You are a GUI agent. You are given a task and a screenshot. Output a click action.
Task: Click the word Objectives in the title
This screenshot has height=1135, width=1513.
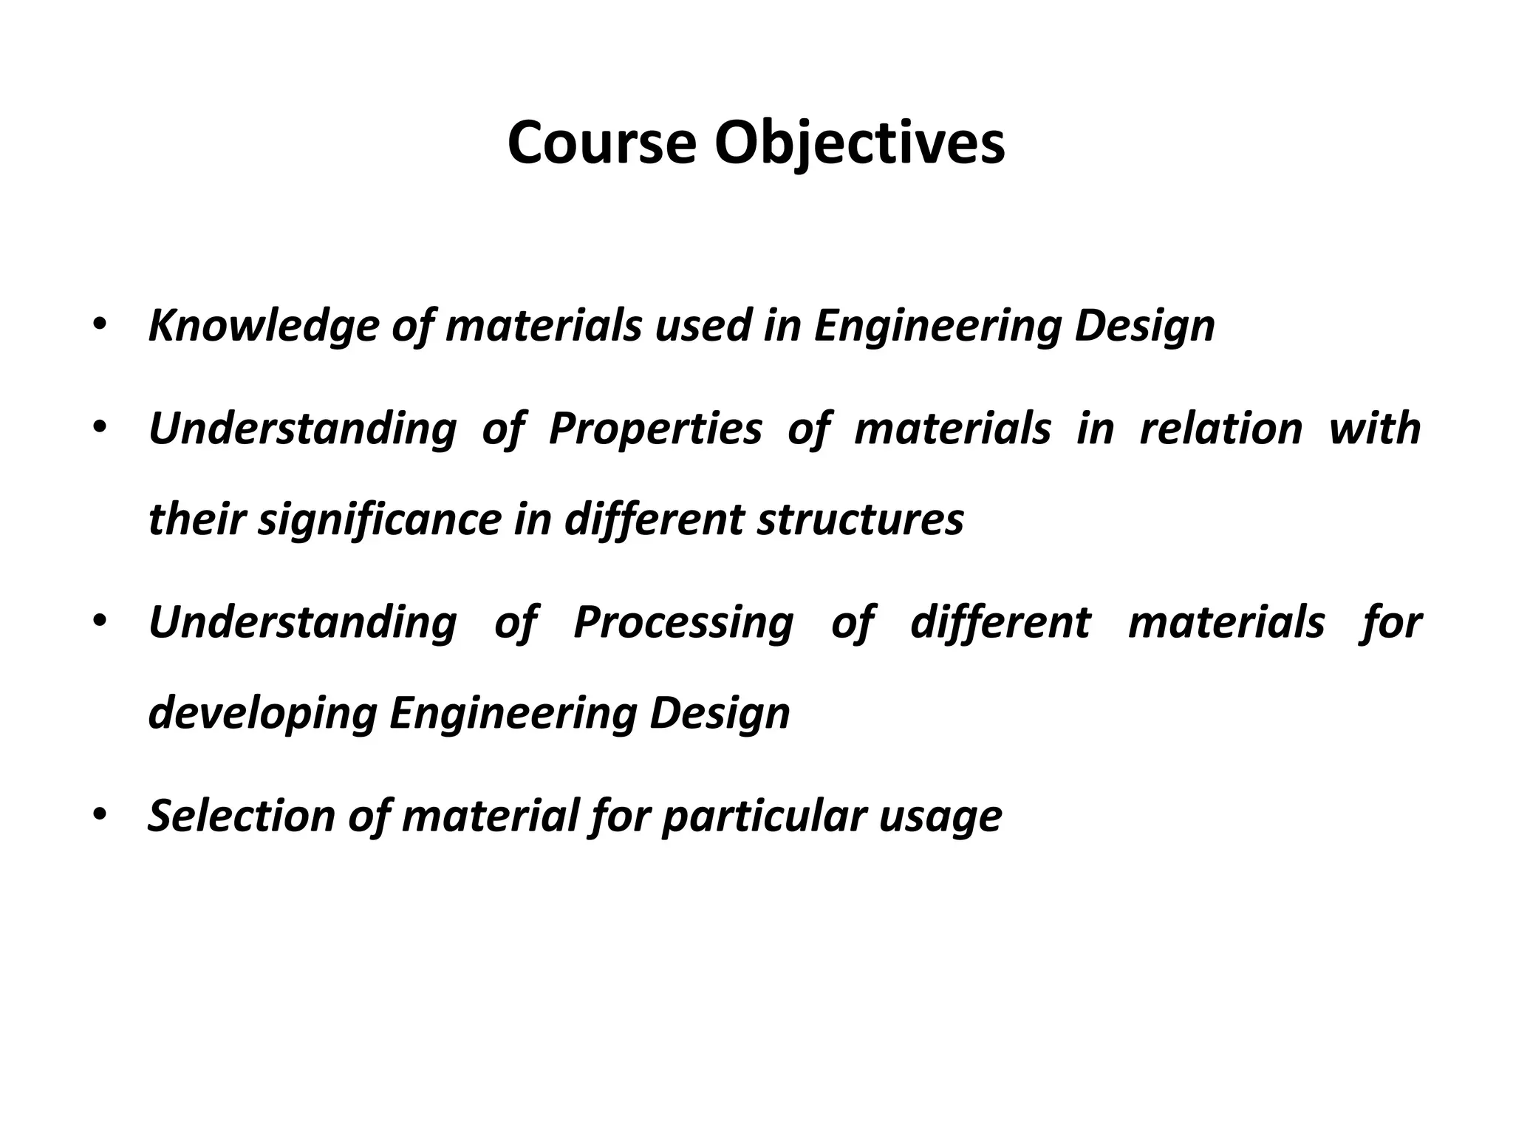point(859,144)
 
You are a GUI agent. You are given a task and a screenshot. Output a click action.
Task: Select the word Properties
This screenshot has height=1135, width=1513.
point(655,429)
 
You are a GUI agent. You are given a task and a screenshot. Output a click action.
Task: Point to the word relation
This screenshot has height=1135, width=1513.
point(1221,429)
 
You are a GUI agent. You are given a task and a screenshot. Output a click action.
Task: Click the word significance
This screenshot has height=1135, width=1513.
point(380,519)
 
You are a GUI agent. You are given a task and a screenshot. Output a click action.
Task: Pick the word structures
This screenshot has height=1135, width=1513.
point(860,519)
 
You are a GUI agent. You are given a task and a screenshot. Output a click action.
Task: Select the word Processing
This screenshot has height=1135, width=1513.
point(683,622)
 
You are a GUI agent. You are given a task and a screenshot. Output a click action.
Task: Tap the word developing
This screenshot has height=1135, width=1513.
point(262,714)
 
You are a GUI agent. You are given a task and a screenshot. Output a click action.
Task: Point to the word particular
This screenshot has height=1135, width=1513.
point(764,816)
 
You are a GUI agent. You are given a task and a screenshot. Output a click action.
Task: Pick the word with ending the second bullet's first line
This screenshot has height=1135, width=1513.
point(1374,429)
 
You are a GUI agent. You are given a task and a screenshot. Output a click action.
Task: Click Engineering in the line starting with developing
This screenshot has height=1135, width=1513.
point(512,714)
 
